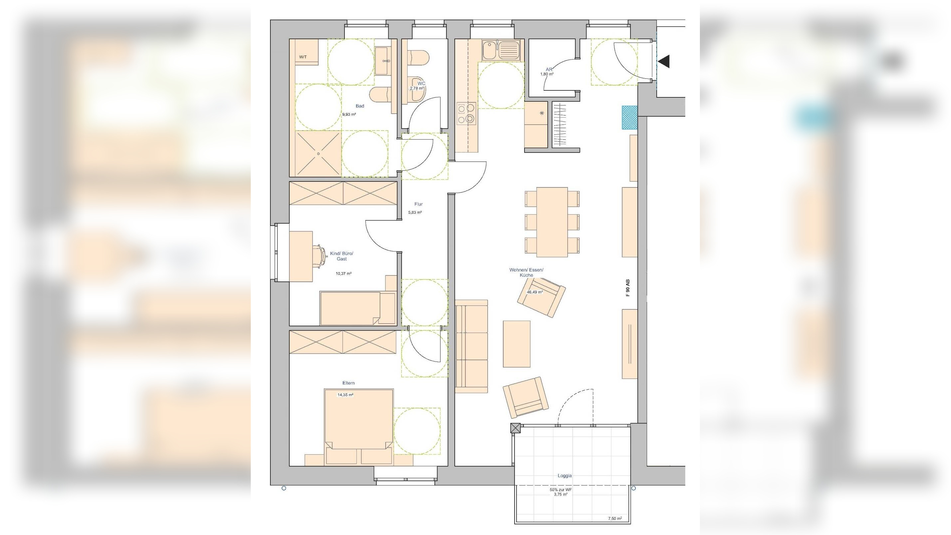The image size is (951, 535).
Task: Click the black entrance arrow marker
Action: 664,61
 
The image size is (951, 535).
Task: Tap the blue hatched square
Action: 629,117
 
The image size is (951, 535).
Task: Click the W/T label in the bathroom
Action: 303,57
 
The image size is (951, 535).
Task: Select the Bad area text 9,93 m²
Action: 349,114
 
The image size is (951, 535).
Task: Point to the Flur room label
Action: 418,204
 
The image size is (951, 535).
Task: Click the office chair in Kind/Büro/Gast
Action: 319,255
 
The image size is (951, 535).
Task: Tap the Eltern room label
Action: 348,383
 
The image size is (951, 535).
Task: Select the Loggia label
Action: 564,476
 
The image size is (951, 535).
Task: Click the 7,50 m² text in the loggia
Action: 615,518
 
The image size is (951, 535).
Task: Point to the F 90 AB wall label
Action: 628,288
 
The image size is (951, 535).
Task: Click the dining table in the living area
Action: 552,222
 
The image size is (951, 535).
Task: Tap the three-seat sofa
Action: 471,346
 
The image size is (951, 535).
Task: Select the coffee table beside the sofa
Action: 517,344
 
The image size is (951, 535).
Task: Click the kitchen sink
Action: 501,50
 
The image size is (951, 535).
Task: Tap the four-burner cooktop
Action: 466,113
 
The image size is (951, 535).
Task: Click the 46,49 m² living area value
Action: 534,292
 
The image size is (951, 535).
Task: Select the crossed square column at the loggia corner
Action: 516,428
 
